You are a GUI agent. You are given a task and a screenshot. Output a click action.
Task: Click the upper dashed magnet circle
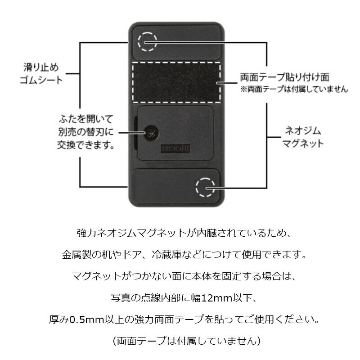point(147,42)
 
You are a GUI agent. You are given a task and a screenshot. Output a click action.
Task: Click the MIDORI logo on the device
point(171,147)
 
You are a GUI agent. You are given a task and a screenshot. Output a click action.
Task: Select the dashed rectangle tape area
point(176,82)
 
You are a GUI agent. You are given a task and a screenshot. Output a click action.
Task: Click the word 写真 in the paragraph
point(119,298)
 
